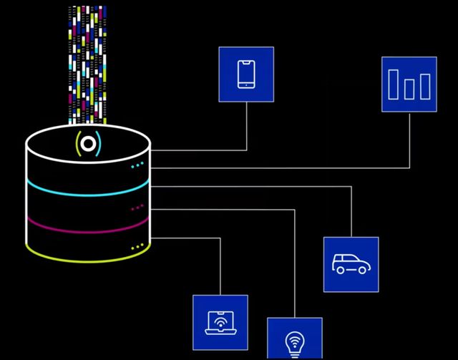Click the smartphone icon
[246, 74]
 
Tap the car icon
[351, 264]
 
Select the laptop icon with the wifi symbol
[220, 322]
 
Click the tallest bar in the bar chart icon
[393, 84]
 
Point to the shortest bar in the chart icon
[409, 89]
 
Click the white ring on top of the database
[88, 143]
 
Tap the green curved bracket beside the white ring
[77, 144]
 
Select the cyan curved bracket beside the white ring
[99, 144]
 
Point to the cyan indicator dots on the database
[137, 166]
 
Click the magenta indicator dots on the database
[137, 208]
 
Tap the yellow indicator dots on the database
[137, 247]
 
